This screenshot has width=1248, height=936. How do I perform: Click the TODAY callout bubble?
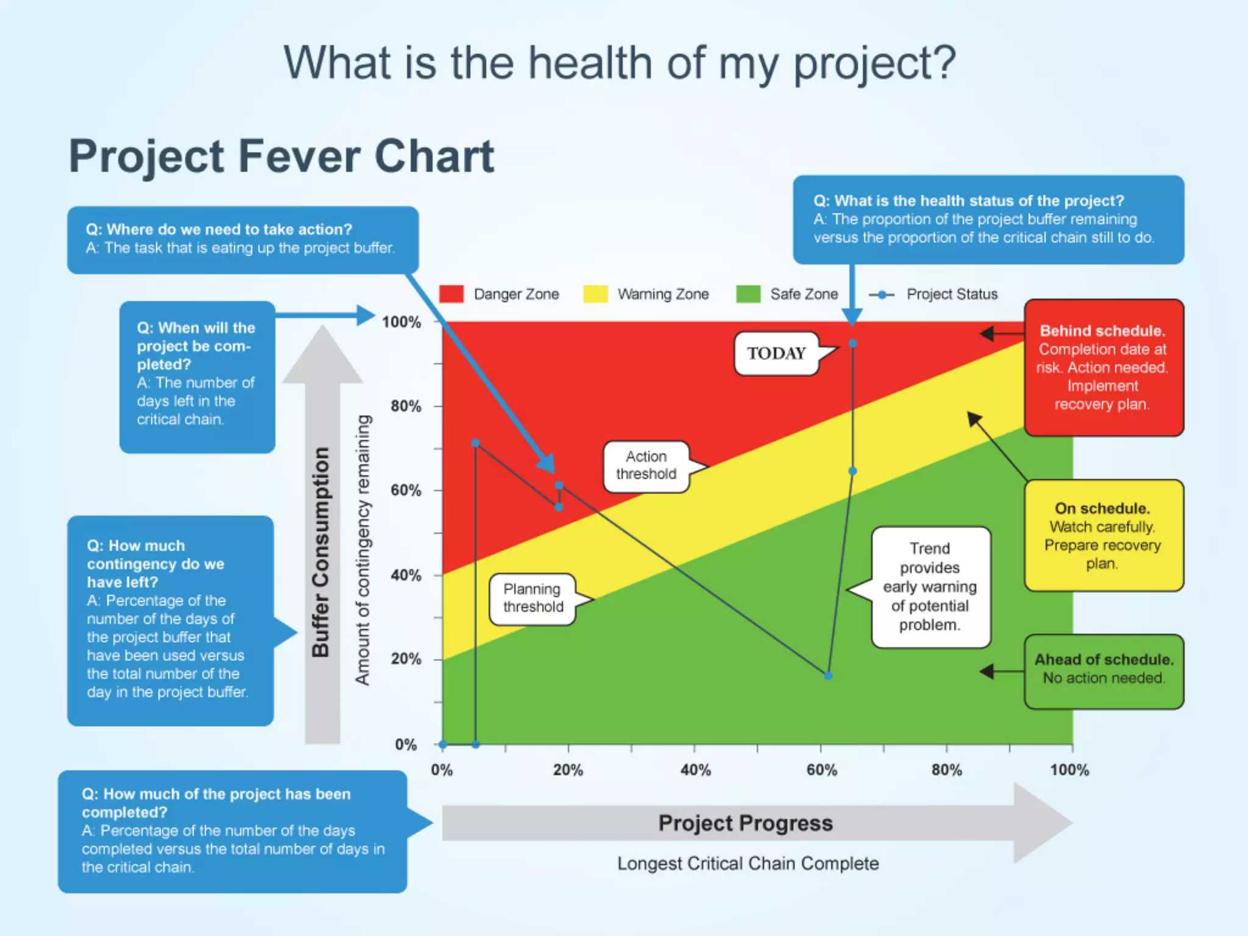point(776,353)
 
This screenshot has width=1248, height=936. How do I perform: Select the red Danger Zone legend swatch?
point(452,294)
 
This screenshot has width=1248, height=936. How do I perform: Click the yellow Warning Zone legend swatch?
point(595,294)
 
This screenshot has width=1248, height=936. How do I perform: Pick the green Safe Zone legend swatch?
point(748,294)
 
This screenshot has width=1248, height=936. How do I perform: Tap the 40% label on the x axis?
point(695,770)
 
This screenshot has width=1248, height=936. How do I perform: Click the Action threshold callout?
point(646,466)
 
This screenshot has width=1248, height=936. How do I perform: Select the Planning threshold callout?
point(533,598)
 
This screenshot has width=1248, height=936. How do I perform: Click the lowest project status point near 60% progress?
point(828,676)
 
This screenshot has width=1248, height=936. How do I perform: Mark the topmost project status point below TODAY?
point(853,344)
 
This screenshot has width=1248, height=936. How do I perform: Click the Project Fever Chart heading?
point(282,157)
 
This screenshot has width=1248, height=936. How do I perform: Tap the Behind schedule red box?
point(1103,367)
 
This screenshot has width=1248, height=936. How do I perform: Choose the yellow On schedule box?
point(1103,536)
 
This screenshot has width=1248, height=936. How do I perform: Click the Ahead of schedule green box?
point(1104,670)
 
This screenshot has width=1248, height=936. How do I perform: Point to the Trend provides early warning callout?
point(930,587)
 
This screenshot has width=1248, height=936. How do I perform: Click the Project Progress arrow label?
point(745,823)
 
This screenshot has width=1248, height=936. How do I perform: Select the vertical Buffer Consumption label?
point(321,551)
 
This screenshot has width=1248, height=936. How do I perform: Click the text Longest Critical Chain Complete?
point(748,863)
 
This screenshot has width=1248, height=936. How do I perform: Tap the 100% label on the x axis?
point(1069,770)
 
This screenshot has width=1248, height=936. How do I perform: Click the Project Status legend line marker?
point(882,295)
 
